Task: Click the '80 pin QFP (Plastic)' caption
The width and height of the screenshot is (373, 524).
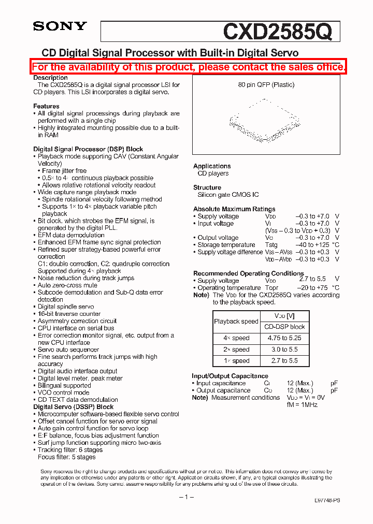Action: [266, 85]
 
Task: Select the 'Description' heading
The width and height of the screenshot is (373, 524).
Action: [50, 78]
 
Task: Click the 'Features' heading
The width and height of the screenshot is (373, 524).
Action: [46, 106]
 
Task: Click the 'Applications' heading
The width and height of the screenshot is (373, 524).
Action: [212, 166]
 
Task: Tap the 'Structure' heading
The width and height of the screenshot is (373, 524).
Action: [207, 187]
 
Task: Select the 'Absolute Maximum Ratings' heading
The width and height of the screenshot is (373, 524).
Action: [234, 209]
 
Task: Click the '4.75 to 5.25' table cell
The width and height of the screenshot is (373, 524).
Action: [284, 338]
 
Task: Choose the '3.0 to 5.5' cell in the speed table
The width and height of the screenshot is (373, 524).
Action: [284, 350]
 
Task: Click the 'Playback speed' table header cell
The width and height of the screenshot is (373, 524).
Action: [236, 322]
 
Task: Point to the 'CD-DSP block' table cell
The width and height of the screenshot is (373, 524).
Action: [284, 327]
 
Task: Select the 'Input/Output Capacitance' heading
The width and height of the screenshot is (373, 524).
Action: [230, 376]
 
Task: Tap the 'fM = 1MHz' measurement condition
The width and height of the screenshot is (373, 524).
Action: [302, 405]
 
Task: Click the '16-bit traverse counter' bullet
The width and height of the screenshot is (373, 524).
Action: [69, 314]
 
